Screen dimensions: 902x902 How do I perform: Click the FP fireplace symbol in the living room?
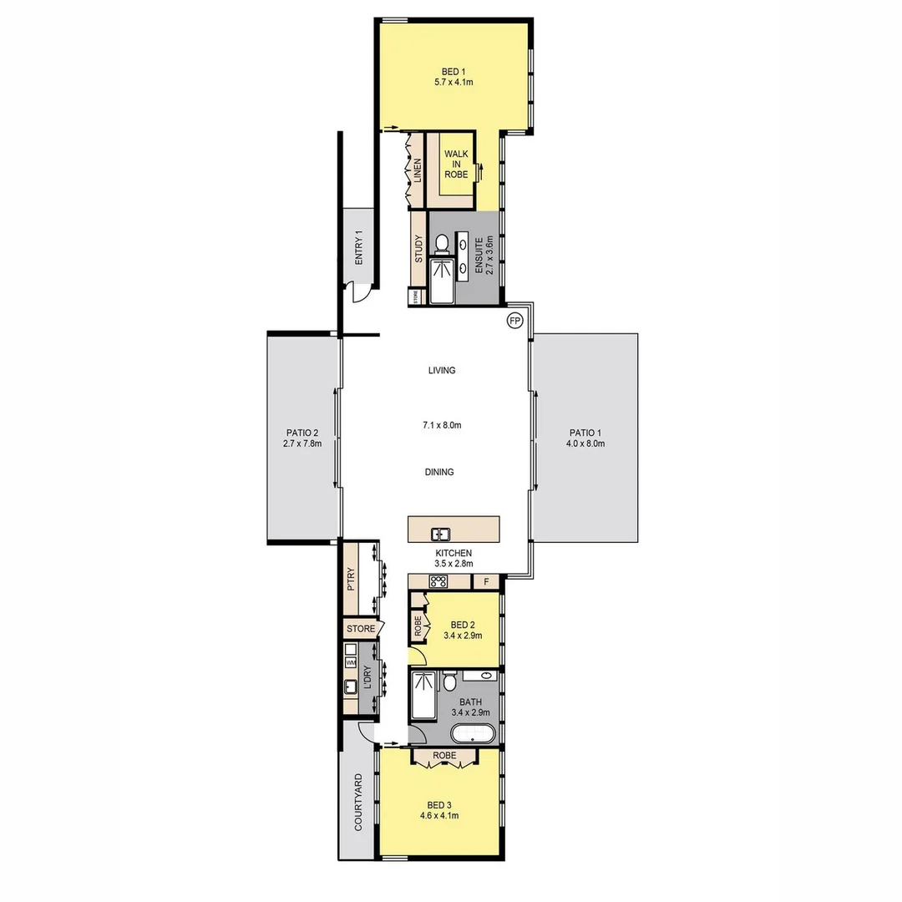coord(514,321)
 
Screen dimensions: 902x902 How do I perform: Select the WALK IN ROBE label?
coord(456,165)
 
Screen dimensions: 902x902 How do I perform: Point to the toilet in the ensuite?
coord(442,243)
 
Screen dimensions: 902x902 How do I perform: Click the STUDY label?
coord(418,250)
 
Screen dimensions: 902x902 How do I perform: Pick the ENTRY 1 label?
coord(359,247)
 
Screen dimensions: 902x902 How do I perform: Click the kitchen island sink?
coord(440,534)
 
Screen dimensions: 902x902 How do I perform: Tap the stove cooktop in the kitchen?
coord(439,581)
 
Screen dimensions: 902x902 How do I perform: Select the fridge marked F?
coord(485,581)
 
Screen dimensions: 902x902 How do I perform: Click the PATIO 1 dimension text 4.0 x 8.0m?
coord(585,443)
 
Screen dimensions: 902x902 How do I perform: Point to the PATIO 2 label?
coord(302,433)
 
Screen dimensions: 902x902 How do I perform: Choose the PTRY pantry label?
coord(352,580)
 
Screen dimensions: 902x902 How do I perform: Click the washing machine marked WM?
coord(351,662)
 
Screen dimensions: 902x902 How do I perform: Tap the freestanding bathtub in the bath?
coord(473,734)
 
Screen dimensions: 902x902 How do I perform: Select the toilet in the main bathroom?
coord(449,682)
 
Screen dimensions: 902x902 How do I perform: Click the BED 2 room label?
coord(462,625)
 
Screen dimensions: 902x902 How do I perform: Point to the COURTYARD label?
coord(358,802)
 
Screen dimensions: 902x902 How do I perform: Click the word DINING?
coord(439,472)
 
